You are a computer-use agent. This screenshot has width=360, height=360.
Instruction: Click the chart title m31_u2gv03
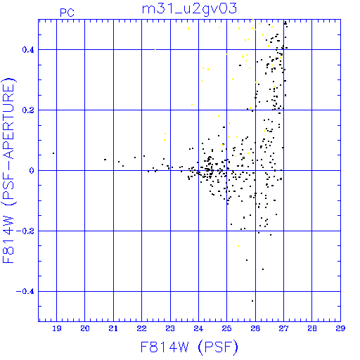pos(189,9)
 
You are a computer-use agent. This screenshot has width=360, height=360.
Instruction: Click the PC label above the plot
pos(67,13)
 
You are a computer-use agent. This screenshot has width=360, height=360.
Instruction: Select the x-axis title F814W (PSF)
pos(189,347)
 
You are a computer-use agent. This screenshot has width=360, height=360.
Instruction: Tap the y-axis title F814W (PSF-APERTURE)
pos(9,170)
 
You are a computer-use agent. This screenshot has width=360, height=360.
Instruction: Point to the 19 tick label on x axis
pos(57,328)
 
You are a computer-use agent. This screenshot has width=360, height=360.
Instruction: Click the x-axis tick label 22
pos(141,328)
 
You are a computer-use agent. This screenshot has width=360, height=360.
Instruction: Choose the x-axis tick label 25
pos(226,328)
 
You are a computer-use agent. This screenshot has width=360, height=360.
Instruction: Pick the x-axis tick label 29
pos(340,328)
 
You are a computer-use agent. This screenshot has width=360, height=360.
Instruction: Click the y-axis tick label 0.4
pos(28,50)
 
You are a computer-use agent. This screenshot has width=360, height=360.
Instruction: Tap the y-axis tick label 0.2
pos(28,110)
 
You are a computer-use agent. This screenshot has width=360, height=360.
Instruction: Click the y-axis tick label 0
pos(32,171)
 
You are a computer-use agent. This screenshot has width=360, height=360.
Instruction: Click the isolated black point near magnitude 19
pos(53,153)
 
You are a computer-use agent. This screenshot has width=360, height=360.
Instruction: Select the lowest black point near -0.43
pos(252,301)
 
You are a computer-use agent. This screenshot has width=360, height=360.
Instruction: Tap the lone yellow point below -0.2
pos(238,246)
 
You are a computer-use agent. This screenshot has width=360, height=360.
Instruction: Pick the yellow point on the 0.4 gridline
pos(155,50)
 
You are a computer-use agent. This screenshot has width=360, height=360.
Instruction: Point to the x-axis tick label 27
pos(283,328)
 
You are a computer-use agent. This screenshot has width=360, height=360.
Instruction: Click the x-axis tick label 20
pos(85,328)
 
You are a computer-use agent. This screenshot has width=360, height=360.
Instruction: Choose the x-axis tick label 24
pos(198,328)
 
